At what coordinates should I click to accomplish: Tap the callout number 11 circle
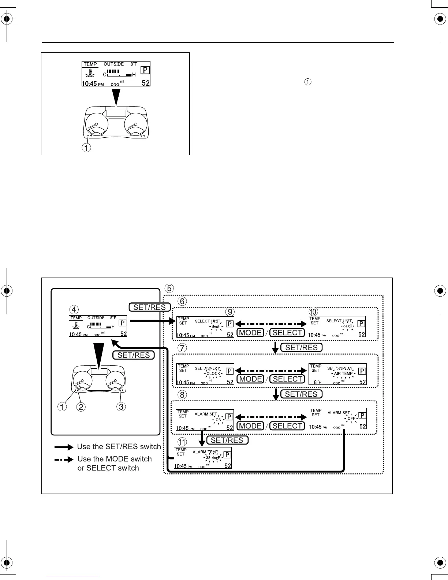(x=182, y=442)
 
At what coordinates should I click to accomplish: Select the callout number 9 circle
(x=229, y=312)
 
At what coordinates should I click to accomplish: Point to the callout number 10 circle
(x=313, y=312)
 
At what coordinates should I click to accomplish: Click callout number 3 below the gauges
(x=121, y=406)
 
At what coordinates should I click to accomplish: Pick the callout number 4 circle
(x=74, y=310)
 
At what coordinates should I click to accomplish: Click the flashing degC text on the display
(x=347, y=326)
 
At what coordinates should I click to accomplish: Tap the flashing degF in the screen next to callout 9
(x=216, y=326)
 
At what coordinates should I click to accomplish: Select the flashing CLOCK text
(x=213, y=373)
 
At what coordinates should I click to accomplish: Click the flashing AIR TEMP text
(x=343, y=373)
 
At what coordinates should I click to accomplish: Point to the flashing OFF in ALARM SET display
(x=351, y=418)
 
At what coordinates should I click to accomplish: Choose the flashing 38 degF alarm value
(x=213, y=458)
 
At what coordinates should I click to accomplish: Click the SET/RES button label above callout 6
(x=150, y=307)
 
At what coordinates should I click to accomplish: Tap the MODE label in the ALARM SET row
(x=250, y=426)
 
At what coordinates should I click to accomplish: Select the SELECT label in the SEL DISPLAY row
(x=287, y=379)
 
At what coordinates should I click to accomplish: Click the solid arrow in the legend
(x=64, y=447)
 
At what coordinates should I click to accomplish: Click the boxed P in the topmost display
(x=145, y=70)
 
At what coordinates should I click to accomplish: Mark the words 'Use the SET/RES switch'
(x=119, y=447)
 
